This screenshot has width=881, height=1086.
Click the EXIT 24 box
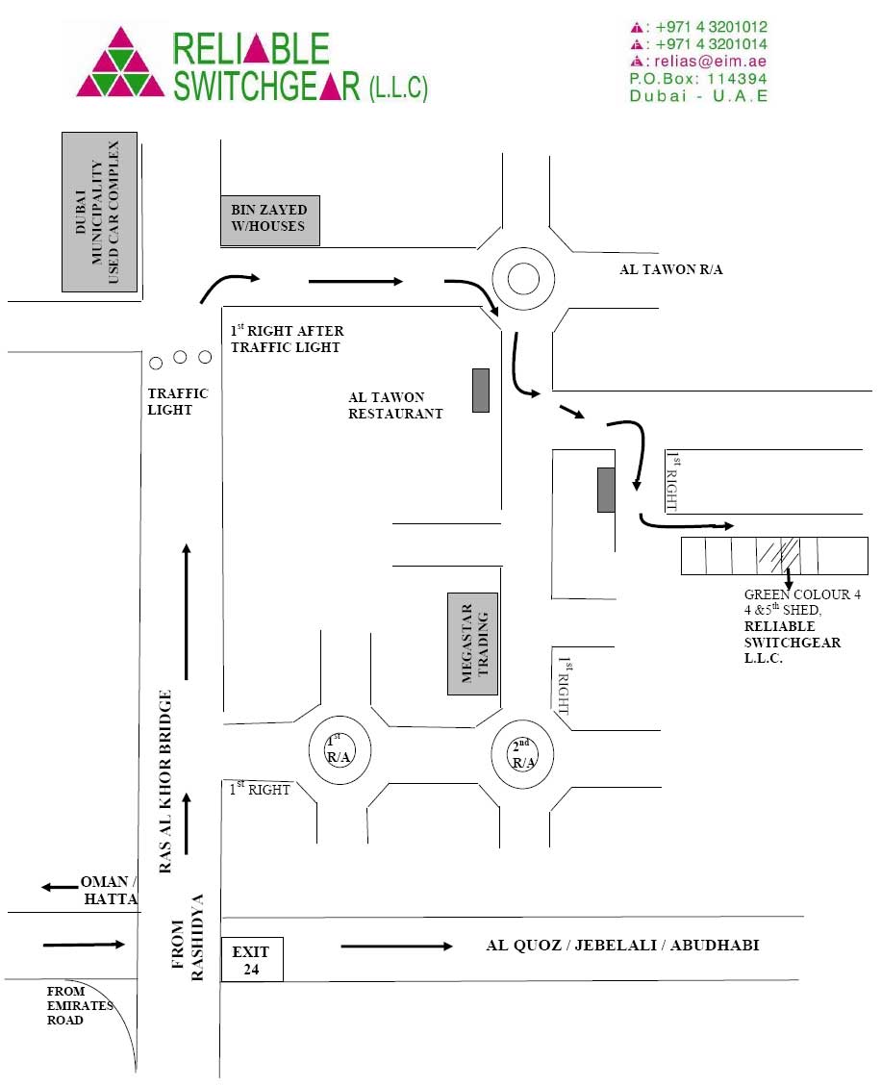coord(252,959)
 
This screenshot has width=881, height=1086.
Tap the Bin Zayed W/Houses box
coord(270,220)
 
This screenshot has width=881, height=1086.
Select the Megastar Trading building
coord(473,644)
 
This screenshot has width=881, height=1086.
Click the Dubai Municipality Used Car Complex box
coord(100,212)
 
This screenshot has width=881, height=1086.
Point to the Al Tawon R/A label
coord(670,269)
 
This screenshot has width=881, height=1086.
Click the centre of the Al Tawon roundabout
coord(523,278)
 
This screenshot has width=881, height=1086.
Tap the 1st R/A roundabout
coord(340,750)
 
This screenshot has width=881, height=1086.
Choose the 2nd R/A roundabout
coord(523,754)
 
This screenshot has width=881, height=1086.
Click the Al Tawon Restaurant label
coord(395,405)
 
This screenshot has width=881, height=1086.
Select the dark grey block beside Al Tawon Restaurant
coord(481,391)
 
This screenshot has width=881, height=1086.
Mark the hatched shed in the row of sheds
coord(778,555)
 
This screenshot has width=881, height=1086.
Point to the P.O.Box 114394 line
coord(698,79)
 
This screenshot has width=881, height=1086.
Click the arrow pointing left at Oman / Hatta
coord(60,887)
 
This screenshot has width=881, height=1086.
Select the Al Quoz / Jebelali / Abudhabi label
coord(622,946)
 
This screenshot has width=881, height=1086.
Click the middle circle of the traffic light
coord(180,358)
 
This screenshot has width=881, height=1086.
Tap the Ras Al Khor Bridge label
coord(164,781)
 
